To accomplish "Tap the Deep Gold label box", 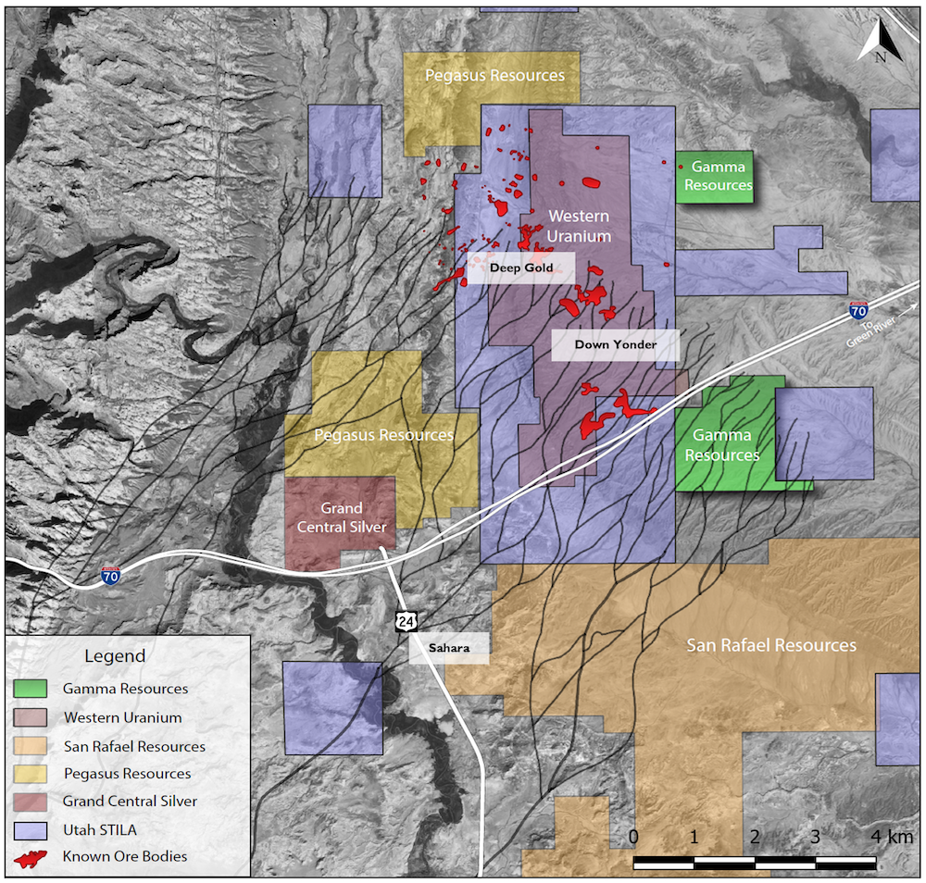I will point(520,268).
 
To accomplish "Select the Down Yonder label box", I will point(615,345).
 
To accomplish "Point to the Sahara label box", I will point(450,649).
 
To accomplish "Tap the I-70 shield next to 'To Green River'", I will point(857,311).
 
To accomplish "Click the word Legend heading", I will point(115,656).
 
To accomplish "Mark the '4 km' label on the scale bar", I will point(890,837).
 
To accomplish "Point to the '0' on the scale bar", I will point(633,837).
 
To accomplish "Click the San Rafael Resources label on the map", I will point(770,645).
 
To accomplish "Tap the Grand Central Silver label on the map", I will point(341,517).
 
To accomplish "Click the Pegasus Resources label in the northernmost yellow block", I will point(494,75).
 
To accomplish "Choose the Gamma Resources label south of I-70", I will point(722,445).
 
